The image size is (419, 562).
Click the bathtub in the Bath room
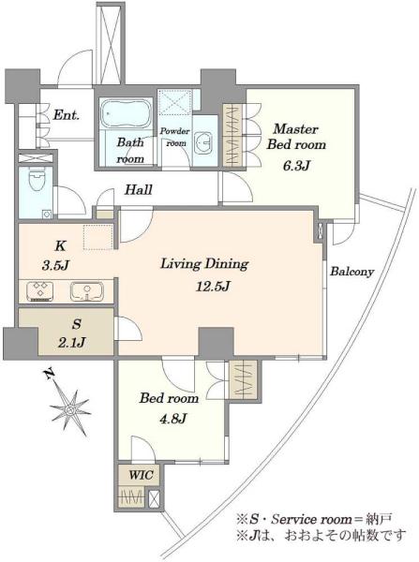point(125,113)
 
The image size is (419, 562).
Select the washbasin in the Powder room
point(204,140)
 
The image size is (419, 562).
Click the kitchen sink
point(87,291)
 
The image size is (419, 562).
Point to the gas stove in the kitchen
point(39,291)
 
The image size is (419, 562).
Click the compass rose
point(70,409)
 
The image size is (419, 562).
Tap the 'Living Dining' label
point(204,264)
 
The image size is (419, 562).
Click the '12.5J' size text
point(213,286)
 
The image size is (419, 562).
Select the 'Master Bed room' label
point(296,137)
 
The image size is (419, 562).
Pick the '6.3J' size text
point(296,166)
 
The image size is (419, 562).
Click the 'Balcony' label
point(352,272)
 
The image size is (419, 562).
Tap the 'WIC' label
point(141,475)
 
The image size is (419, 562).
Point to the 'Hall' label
point(139,189)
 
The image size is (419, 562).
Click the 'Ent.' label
point(66,115)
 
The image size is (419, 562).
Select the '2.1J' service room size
point(71,342)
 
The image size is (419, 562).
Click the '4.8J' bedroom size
point(172,418)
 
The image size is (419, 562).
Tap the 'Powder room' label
point(175,137)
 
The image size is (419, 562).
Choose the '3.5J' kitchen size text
point(55,266)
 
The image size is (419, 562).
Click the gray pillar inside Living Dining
point(217,342)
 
